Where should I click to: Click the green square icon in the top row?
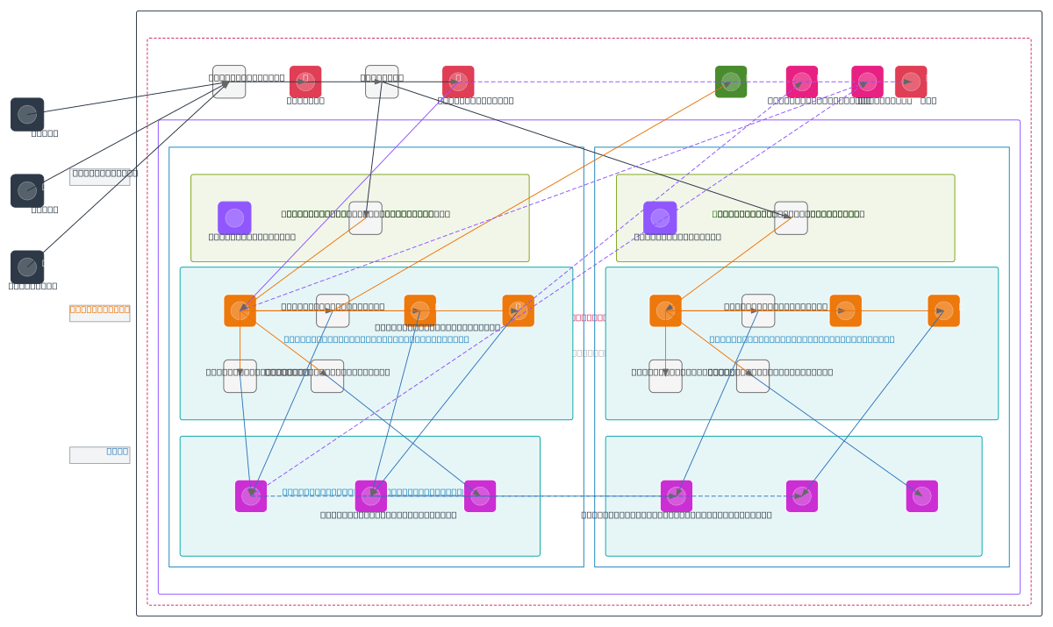coord(731,82)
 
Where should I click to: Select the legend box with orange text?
coord(100,313)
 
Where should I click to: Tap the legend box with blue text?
coord(100,454)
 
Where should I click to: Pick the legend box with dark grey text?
coord(100,176)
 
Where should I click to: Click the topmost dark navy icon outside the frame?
coord(27,114)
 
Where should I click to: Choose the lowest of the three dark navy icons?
coord(27,267)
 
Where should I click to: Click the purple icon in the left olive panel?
coord(234,218)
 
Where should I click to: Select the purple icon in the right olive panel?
coord(660,218)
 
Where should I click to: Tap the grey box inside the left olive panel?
coord(365,218)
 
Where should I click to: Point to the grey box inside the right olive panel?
coord(791,218)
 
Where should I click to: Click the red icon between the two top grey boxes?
coord(305,82)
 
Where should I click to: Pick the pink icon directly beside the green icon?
coord(802,82)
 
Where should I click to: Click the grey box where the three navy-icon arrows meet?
coord(229,82)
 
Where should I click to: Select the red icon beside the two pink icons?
coord(911,82)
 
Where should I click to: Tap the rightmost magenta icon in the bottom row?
coord(922,496)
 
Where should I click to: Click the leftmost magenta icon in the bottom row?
coord(251,496)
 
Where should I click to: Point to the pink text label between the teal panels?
coord(589,317)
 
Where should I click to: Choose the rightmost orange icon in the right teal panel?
coord(944,310)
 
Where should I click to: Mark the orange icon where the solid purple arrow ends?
coord(240,310)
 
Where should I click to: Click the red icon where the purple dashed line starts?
coord(458,82)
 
